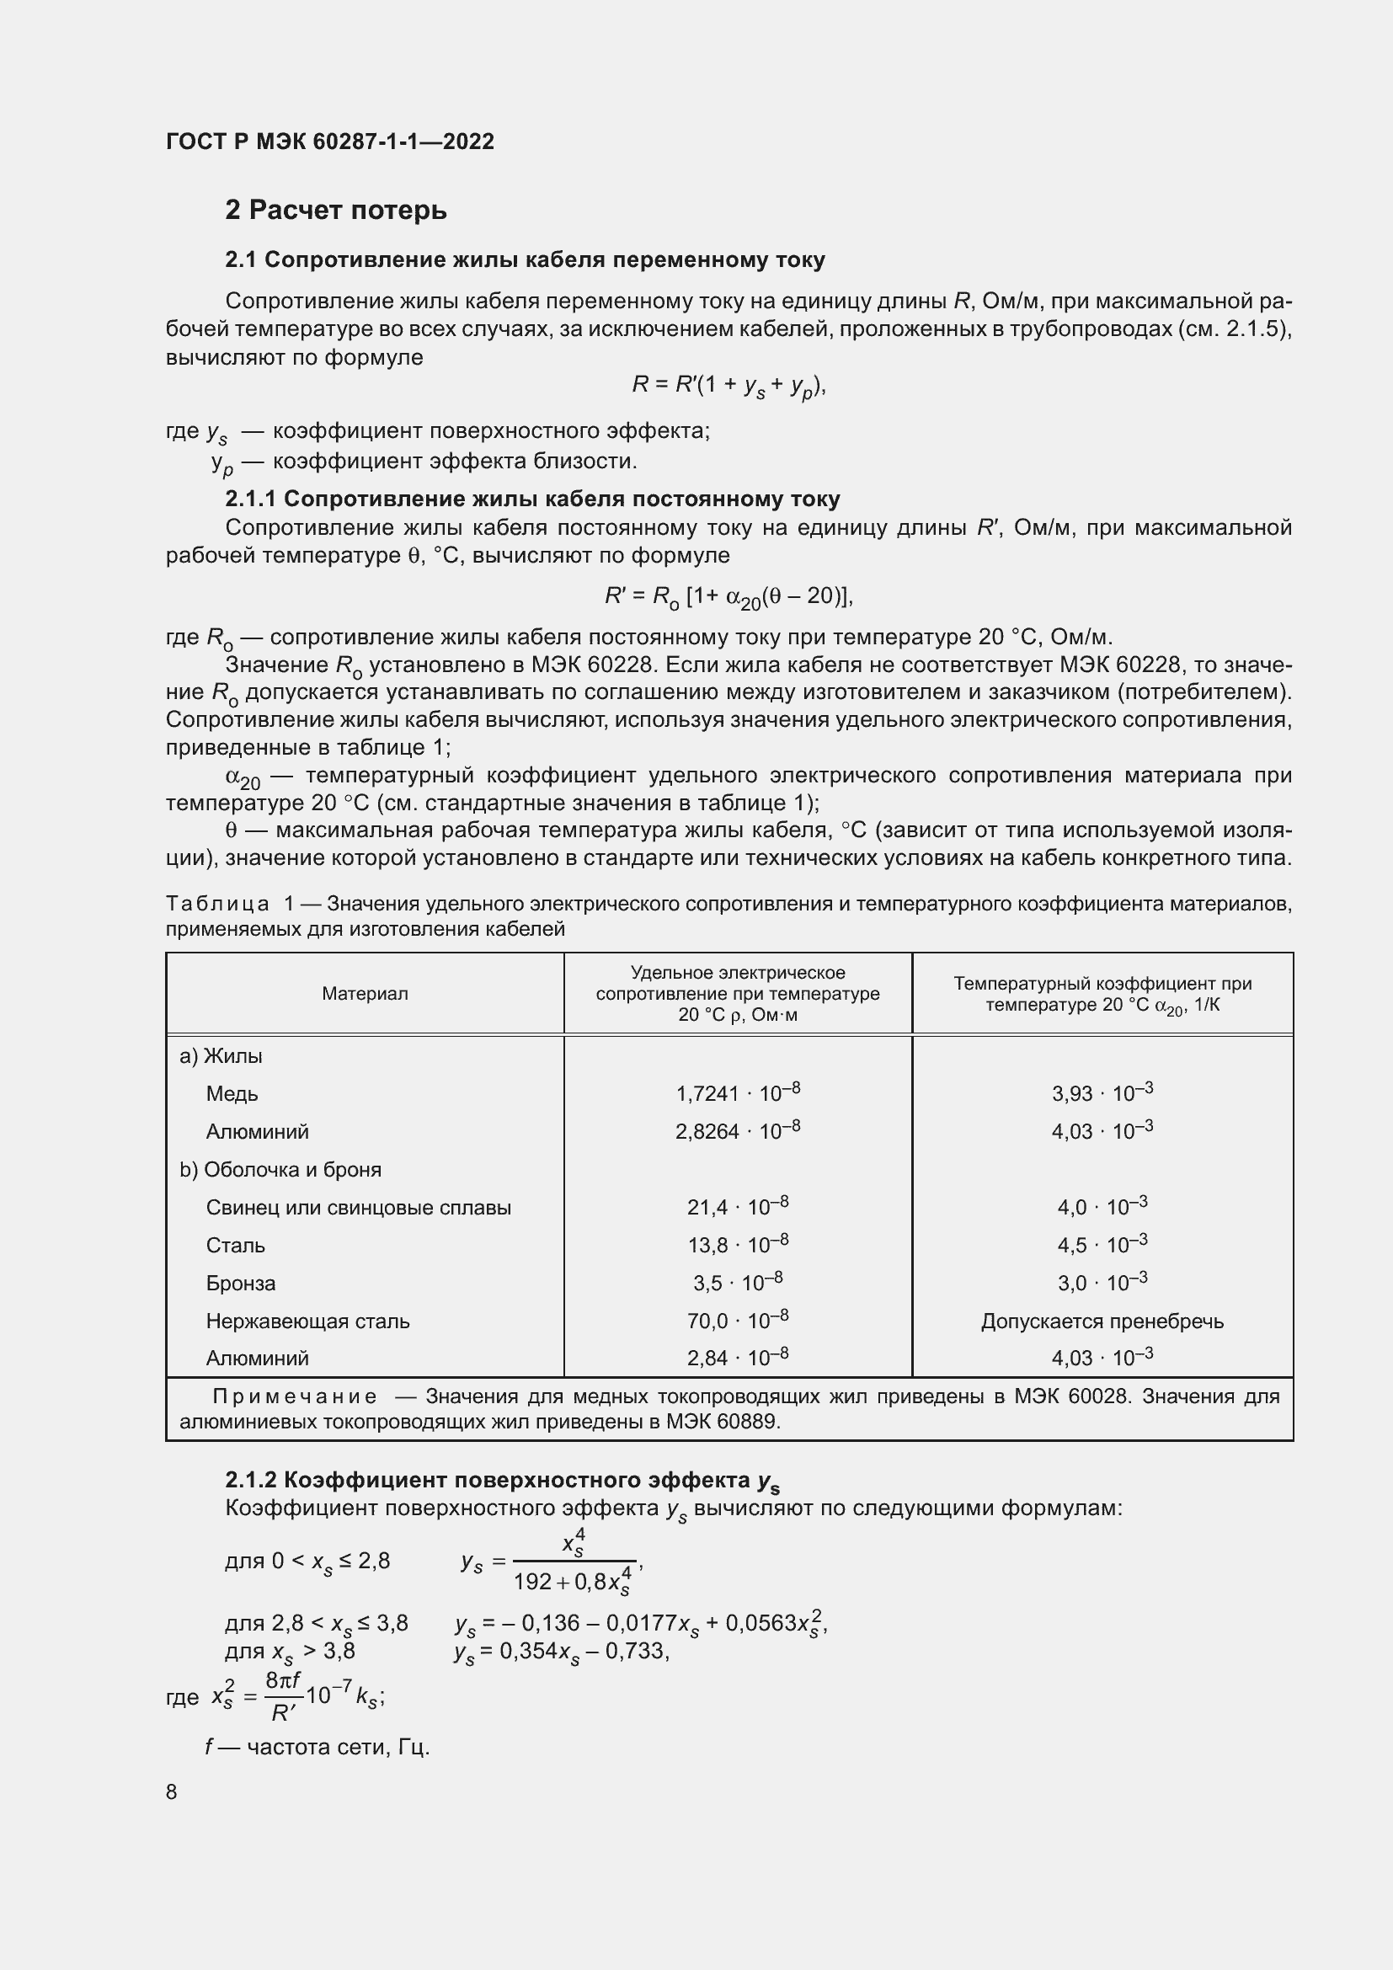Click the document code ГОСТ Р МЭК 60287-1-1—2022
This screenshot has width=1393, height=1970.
pyautogui.click(x=329, y=141)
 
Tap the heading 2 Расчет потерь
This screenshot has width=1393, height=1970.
pyautogui.click(x=335, y=211)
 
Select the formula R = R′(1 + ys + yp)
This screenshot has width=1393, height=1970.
pyautogui.click(x=729, y=386)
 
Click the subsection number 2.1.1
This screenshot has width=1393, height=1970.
pyautogui.click(x=250, y=499)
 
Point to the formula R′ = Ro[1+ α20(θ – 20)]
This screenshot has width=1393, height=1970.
pyautogui.click(x=729, y=596)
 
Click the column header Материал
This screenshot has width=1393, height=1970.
pyautogui.click(x=365, y=994)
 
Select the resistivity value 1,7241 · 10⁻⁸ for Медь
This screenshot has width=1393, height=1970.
pyautogui.click(x=738, y=1093)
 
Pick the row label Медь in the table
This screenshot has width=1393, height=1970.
pyautogui.click(x=232, y=1094)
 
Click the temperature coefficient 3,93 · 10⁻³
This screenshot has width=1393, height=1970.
pyautogui.click(x=1102, y=1093)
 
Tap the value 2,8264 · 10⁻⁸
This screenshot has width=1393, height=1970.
pyautogui.click(x=738, y=1131)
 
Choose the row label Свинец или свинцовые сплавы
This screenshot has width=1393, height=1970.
pyautogui.click(x=358, y=1207)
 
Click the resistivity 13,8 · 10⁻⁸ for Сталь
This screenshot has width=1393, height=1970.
pyautogui.click(x=738, y=1245)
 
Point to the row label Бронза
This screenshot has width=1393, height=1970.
pyautogui.click(x=240, y=1284)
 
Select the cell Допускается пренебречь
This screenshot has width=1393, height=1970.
pyautogui.click(x=1102, y=1321)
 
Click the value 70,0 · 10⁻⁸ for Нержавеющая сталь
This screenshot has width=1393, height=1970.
pyautogui.click(x=738, y=1321)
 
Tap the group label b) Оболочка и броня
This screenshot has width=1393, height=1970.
pyautogui.click(x=280, y=1170)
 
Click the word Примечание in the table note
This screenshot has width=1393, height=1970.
pyautogui.click(x=294, y=1396)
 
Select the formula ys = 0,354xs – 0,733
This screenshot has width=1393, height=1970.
pyautogui.click(x=561, y=1652)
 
